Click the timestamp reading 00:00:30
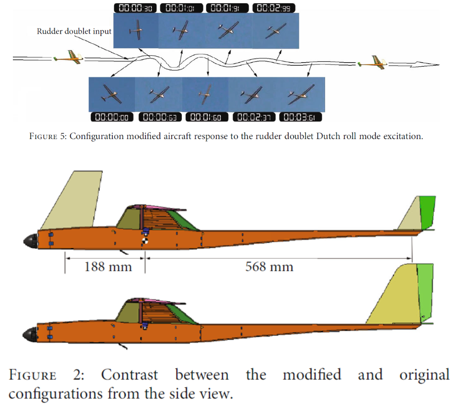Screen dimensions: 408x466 pyautogui.click(x=135, y=8)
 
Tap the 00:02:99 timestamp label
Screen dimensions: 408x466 pyautogui.click(x=274, y=8)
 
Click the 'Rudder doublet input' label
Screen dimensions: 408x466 pyautogui.click(x=74, y=32)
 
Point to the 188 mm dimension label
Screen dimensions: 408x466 pyautogui.click(x=108, y=267)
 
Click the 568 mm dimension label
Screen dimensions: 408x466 pyautogui.click(x=269, y=267)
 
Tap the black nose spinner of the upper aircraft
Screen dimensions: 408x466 pyautogui.click(x=31, y=240)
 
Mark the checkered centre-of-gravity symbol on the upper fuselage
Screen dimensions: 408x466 pyautogui.click(x=145, y=240)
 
